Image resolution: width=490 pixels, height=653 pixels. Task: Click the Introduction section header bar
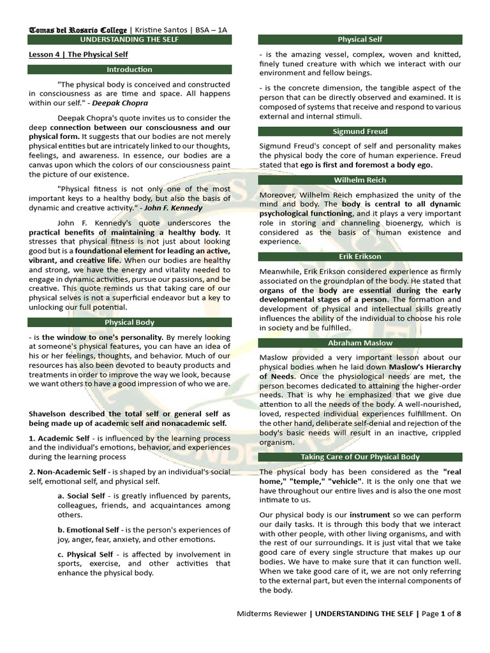[130, 70]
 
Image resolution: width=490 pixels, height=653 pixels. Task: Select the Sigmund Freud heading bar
[360, 131]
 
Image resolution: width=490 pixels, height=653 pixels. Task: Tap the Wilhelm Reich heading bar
[360, 180]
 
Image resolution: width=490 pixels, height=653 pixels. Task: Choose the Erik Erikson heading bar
[360, 256]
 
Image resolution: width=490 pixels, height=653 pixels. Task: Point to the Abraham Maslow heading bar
[360, 343]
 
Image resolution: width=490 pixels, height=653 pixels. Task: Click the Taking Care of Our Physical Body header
[360, 457]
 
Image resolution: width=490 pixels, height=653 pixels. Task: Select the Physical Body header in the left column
[130, 322]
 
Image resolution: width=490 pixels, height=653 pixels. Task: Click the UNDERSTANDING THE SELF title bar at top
[130, 40]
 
